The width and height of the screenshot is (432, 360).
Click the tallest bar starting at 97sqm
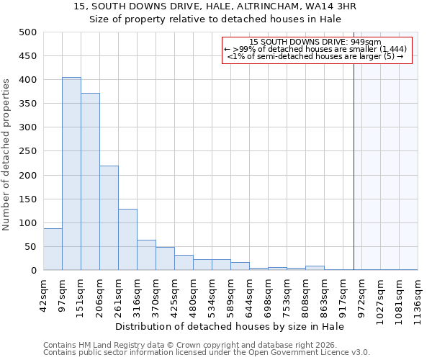[x=71, y=174]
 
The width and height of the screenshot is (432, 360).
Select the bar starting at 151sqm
[x=90, y=181]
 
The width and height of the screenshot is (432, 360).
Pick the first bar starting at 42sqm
[x=53, y=249]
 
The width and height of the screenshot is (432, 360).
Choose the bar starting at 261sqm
[x=127, y=240]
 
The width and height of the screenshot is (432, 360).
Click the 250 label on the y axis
[x=28, y=151]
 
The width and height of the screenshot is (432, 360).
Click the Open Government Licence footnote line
[x=207, y=353]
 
